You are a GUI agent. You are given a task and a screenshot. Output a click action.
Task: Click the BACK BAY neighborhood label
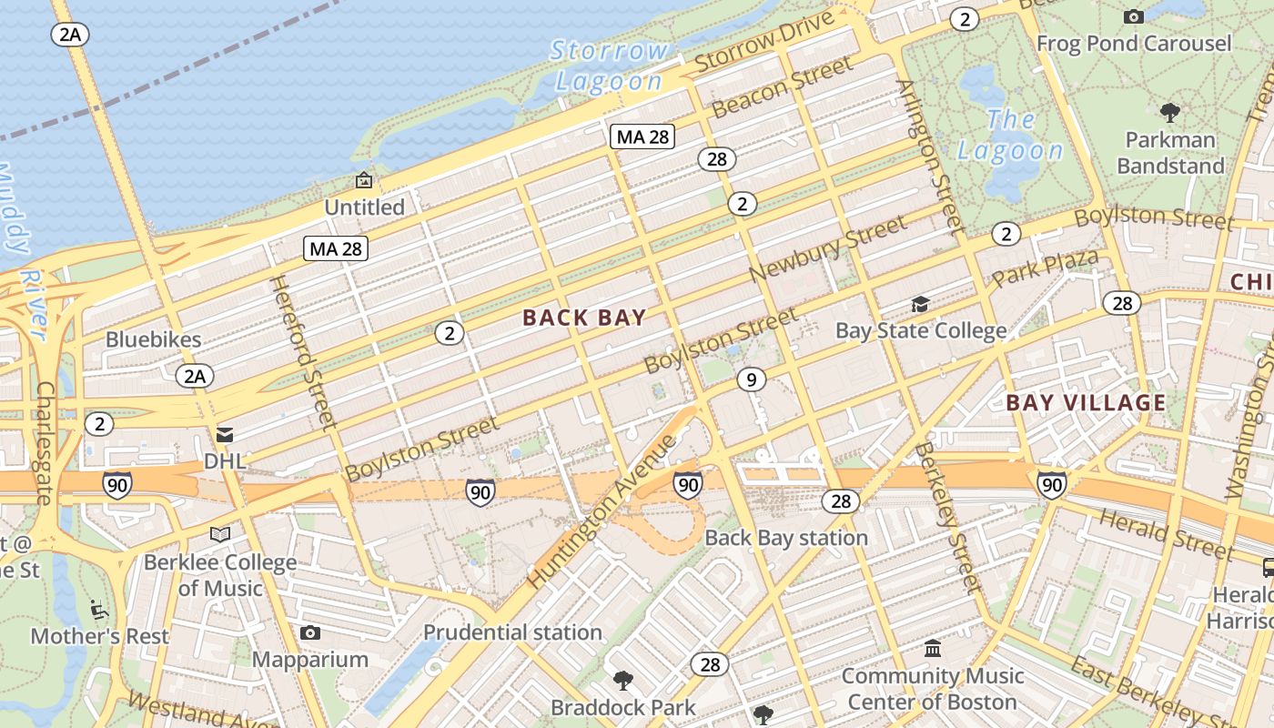(x=584, y=318)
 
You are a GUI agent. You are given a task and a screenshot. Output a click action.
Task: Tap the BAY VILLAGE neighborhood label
(x=1085, y=402)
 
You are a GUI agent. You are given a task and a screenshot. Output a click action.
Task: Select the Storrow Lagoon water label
(x=609, y=66)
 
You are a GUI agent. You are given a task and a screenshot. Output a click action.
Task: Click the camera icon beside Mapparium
(x=310, y=632)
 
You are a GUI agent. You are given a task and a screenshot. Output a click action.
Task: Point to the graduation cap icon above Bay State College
(x=921, y=304)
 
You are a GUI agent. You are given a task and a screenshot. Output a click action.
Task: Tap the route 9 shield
(x=751, y=379)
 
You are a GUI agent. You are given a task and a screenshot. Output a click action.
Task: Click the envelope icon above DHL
(x=225, y=435)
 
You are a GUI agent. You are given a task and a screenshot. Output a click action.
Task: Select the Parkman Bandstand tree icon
(x=1170, y=113)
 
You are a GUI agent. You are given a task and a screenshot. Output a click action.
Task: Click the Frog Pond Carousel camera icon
(x=1133, y=16)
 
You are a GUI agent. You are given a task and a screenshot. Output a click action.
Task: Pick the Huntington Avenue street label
(x=602, y=511)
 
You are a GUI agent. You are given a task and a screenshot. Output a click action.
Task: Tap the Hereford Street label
(x=304, y=351)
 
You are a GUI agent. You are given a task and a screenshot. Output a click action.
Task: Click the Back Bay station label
(x=786, y=538)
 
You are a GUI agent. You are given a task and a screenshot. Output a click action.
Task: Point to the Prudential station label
(x=512, y=632)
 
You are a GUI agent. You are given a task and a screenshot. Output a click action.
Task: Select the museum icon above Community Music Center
(x=933, y=649)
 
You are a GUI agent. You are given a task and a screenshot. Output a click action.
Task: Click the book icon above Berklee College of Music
(x=220, y=534)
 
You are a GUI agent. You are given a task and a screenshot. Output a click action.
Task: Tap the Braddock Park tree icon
(x=623, y=680)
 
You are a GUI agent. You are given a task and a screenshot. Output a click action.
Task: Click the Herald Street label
(x=1166, y=533)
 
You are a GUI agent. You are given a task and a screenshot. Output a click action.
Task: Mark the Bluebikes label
(x=153, y=339)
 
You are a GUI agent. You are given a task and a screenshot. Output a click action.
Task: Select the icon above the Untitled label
(x=364, y=180)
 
